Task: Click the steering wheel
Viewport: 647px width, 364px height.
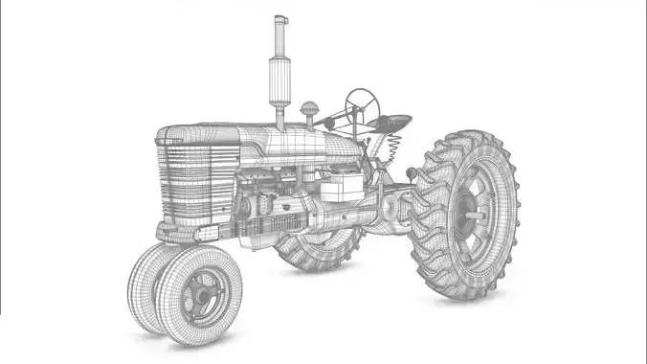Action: [x=362, y=99]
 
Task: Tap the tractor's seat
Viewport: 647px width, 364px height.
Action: [x=394, y=123]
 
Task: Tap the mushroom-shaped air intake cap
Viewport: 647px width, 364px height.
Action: [x=310, y=109]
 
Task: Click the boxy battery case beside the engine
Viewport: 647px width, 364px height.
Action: [x=340, y=186]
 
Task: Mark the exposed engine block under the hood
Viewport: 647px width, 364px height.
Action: [x=273, y=187]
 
